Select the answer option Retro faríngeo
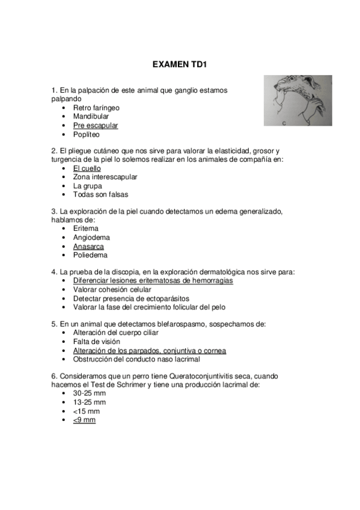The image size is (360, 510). (x=96, y=108)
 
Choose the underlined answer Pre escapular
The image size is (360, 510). (x=96, y=126)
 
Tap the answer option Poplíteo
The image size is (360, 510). (x=87, y=135)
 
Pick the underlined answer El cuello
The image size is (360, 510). (x=87, y=168)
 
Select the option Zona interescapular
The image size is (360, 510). (x=105, y=177)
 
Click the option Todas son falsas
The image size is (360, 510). (x=100, y=195)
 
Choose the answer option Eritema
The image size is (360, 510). (x=86, y=229)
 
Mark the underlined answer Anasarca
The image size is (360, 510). (x=88, y=247)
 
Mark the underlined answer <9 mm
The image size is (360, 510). (x=84, y=420)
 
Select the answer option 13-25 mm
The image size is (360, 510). (x=90, y=402)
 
